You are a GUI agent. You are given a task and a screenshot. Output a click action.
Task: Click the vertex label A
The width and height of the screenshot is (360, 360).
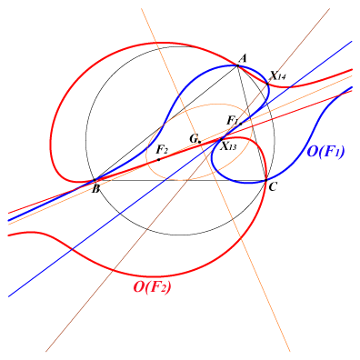244,58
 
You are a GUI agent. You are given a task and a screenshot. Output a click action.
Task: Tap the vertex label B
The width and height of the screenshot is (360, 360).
95,189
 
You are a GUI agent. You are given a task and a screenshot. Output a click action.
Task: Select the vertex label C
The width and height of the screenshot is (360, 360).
272,187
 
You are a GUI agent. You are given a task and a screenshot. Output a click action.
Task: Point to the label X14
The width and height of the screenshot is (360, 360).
278,75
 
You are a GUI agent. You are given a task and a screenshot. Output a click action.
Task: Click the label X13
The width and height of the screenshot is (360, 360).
228,146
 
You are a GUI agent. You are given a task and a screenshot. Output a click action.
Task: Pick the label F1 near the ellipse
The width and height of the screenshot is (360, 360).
233,121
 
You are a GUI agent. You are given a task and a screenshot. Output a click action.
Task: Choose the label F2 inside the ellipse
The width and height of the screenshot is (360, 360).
162,149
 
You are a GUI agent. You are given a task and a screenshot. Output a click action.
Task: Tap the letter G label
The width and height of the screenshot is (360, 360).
194,139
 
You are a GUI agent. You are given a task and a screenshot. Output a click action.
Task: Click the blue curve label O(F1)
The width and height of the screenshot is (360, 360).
325,152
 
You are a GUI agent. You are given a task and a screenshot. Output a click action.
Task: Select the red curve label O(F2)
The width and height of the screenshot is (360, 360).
152,287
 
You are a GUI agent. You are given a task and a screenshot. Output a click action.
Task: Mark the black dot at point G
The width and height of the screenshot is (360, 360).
199,142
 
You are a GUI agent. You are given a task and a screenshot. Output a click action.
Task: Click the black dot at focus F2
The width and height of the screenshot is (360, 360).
159,159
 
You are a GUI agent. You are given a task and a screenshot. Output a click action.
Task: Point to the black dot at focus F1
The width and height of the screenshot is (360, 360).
241,124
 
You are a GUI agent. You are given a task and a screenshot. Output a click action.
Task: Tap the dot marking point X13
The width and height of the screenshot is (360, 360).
221,139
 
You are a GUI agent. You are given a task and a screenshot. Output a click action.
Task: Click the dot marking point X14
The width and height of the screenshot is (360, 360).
267,84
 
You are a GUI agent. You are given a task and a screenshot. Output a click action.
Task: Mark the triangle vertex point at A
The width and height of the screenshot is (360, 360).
237,65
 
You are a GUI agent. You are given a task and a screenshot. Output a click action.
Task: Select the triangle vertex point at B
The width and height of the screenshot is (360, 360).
95,181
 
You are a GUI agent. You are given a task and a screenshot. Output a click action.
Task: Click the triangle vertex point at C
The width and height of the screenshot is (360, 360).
265,181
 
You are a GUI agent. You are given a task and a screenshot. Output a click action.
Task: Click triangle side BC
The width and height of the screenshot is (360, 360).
180,181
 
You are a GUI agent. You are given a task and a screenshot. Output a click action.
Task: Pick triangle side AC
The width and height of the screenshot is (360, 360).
252,123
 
